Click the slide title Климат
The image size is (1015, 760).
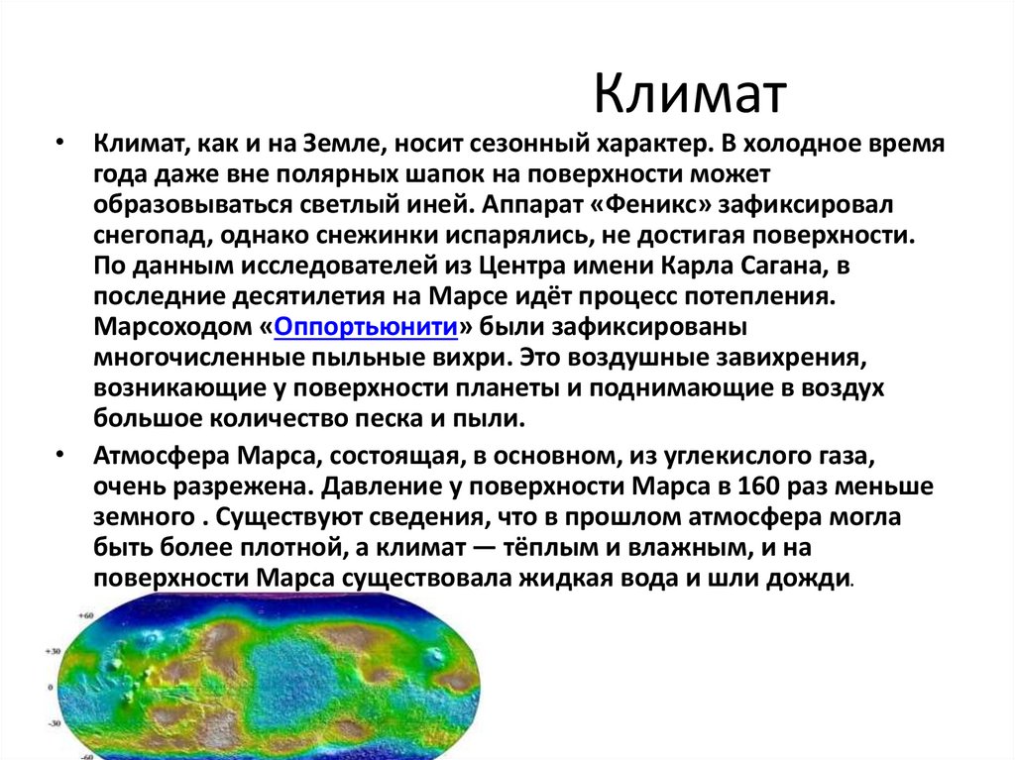[691, 96]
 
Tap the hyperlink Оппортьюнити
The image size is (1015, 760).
[365, 328]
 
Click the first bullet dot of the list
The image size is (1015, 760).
[60, 142]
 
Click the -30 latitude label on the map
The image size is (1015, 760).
[54, 724]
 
